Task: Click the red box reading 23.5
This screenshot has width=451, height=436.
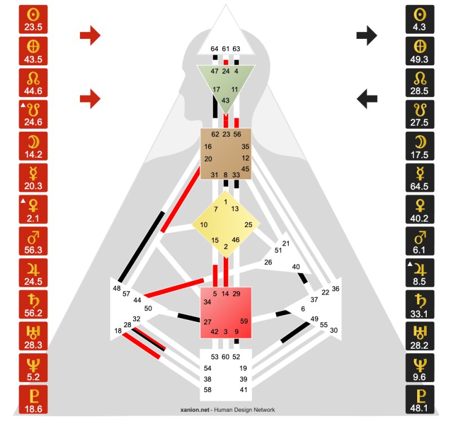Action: coord(33,19)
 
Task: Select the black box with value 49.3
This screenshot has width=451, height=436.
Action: coord(419,51)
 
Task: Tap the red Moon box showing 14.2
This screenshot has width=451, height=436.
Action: coord(33,146)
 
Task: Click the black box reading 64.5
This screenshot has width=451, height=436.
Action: coord(419,178)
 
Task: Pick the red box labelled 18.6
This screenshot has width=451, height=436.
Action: coord(33,399)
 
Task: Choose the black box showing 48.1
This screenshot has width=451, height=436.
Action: coord(419,399)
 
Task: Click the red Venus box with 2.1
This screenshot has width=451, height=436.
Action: coord(33,210)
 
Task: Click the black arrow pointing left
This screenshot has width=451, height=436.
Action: coord(367,99)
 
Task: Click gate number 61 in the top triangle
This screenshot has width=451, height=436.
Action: coord(225,49)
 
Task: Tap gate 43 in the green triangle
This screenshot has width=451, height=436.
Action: coord(225,100)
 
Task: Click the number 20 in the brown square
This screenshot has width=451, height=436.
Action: coord(208,159)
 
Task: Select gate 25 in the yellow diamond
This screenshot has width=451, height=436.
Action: coord(248,225)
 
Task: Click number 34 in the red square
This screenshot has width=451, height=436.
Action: coord(207,302)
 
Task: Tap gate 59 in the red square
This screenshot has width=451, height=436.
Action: coord(244,321)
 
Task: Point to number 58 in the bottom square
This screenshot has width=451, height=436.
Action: coord(207,390)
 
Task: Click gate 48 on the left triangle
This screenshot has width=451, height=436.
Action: coord(117,288)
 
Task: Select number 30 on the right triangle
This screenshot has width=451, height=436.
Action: coord(334,330)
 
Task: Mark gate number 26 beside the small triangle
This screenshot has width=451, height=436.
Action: coord(268,262)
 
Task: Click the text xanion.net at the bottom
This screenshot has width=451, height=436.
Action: coord(194,410)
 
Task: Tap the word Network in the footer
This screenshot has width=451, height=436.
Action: coord(264,410)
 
